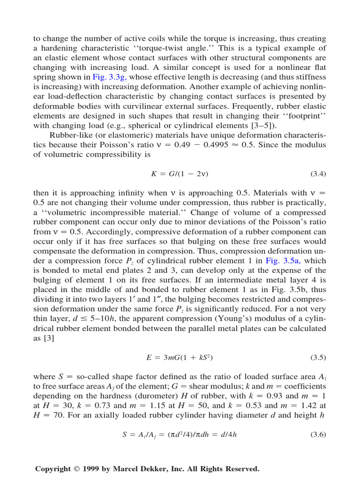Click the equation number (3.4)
point(318,174)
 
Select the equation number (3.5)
point(318,358)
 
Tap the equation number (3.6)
point(318,435)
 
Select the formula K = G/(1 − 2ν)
point(180,174)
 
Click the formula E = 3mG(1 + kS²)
point(180,358)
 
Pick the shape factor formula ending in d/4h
point(180,435)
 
